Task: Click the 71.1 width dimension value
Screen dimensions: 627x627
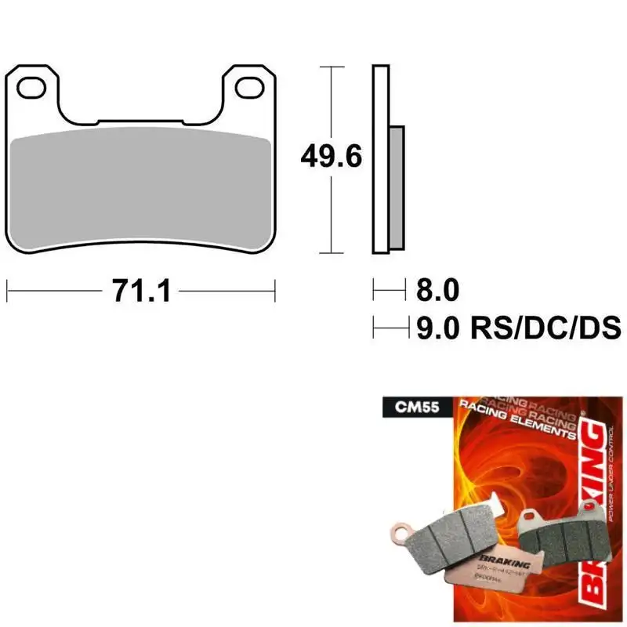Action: (x=141, y=292)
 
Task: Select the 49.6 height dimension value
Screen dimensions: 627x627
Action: (x=331, y=158)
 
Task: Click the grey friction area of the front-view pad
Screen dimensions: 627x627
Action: (x=141, y=188)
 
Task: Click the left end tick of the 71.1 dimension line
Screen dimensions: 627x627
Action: (x=8, y=292)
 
